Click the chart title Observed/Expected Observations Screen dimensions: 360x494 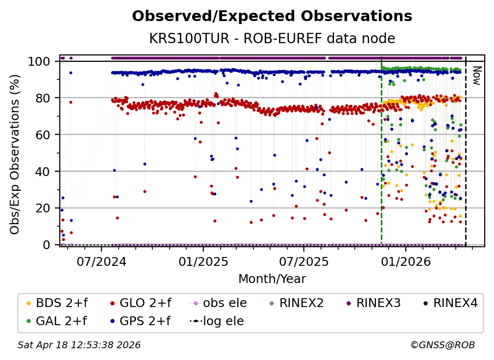point(272,16)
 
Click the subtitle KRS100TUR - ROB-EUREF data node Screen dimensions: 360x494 point(272,38)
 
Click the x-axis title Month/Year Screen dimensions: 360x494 point(272,279)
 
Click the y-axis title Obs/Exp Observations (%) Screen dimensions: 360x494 point(15,154)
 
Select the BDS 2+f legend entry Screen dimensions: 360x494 point(55,303)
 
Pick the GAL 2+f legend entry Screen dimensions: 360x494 point(55,321)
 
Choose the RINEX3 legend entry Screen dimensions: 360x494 point(378,303)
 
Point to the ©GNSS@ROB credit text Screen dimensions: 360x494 point(443,345)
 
